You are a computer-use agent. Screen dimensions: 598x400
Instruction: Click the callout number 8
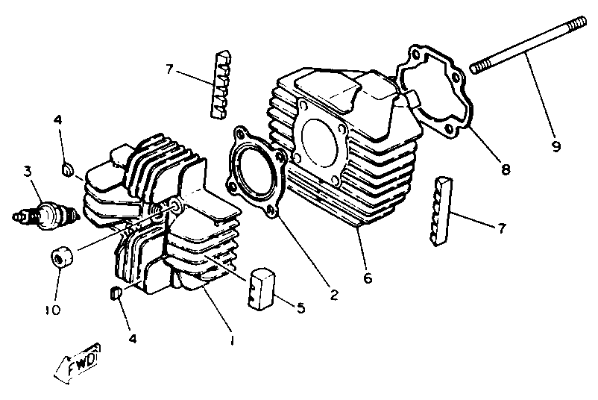click(x=506, y=169)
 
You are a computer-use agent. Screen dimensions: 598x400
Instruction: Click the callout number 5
click(x=301, y=307)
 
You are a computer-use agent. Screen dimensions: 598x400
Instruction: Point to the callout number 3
click(x=27, y=172)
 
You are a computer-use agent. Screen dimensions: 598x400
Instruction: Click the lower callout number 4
click(x=132, y=338)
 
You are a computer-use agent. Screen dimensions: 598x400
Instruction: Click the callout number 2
click(x=334, y=294)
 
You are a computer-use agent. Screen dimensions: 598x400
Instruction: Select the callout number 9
click(x=555, y=146)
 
